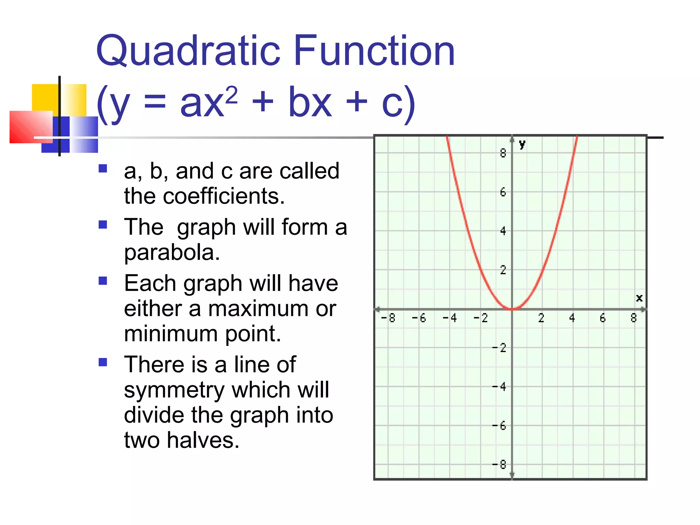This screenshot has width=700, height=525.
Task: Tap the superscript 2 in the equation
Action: pyautogui.click(x=232, y=95)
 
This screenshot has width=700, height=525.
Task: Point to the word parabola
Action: pyautogui.click(x=172, y=253)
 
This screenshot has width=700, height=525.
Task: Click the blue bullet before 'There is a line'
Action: pyautogui.click(x=103, y=362)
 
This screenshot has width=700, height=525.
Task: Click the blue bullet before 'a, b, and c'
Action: pyautogui.click(x=103, y=169)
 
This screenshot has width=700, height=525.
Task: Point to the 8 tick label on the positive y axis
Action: pyautogui.click(x=503, y=153)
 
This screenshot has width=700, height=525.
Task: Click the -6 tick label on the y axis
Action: pyautogui.click(x=499, y=426)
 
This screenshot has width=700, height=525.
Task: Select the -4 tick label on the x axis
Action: pyautogui.click(x=450, y=318)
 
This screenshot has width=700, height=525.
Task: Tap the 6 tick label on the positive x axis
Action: pyautogui.click(x=603, y=318)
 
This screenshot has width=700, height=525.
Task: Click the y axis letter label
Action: pyautogui.click(x=522, y=144)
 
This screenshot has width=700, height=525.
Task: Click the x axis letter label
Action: pyautogui.click(x=639, y=298)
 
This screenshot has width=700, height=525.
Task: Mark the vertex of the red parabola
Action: pyautogui.click(x=512, y=309)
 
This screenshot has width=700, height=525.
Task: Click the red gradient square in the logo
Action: pyautogui.click(x=31, y=126)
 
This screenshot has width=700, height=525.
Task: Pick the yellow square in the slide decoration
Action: pyautogui.click(x=46, y=97)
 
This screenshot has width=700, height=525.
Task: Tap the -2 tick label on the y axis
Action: pyautogui.click(x=499, y=348)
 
